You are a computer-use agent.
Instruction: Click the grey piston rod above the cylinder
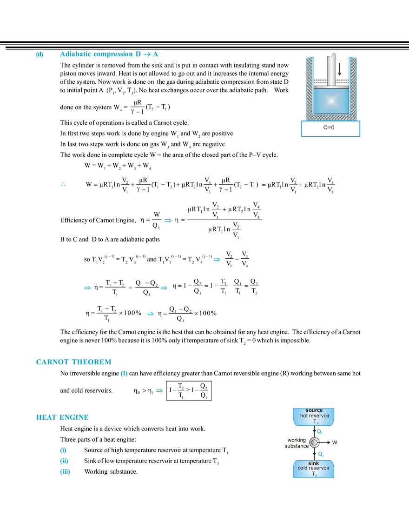point(331,70)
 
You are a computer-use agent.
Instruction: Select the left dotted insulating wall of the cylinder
point(309,88)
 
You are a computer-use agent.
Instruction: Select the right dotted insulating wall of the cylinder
point(353,88)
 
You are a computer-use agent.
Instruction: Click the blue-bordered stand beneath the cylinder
point(331,128)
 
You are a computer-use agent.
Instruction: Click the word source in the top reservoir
point(314,410)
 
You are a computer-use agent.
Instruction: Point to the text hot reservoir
point(314,416)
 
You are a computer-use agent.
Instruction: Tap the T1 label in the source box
point(315,422)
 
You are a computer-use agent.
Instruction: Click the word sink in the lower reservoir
point(314,463)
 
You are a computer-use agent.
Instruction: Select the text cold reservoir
point(314,468)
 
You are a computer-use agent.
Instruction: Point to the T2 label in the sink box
point(315,474)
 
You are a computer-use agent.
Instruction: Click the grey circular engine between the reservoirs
point(314,442)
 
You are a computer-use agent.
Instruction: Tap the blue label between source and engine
point(319,432)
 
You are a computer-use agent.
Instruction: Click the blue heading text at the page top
point(109,55)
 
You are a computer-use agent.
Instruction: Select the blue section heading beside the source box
point(61,417)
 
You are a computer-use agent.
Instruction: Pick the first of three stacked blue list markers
point(64,449)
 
